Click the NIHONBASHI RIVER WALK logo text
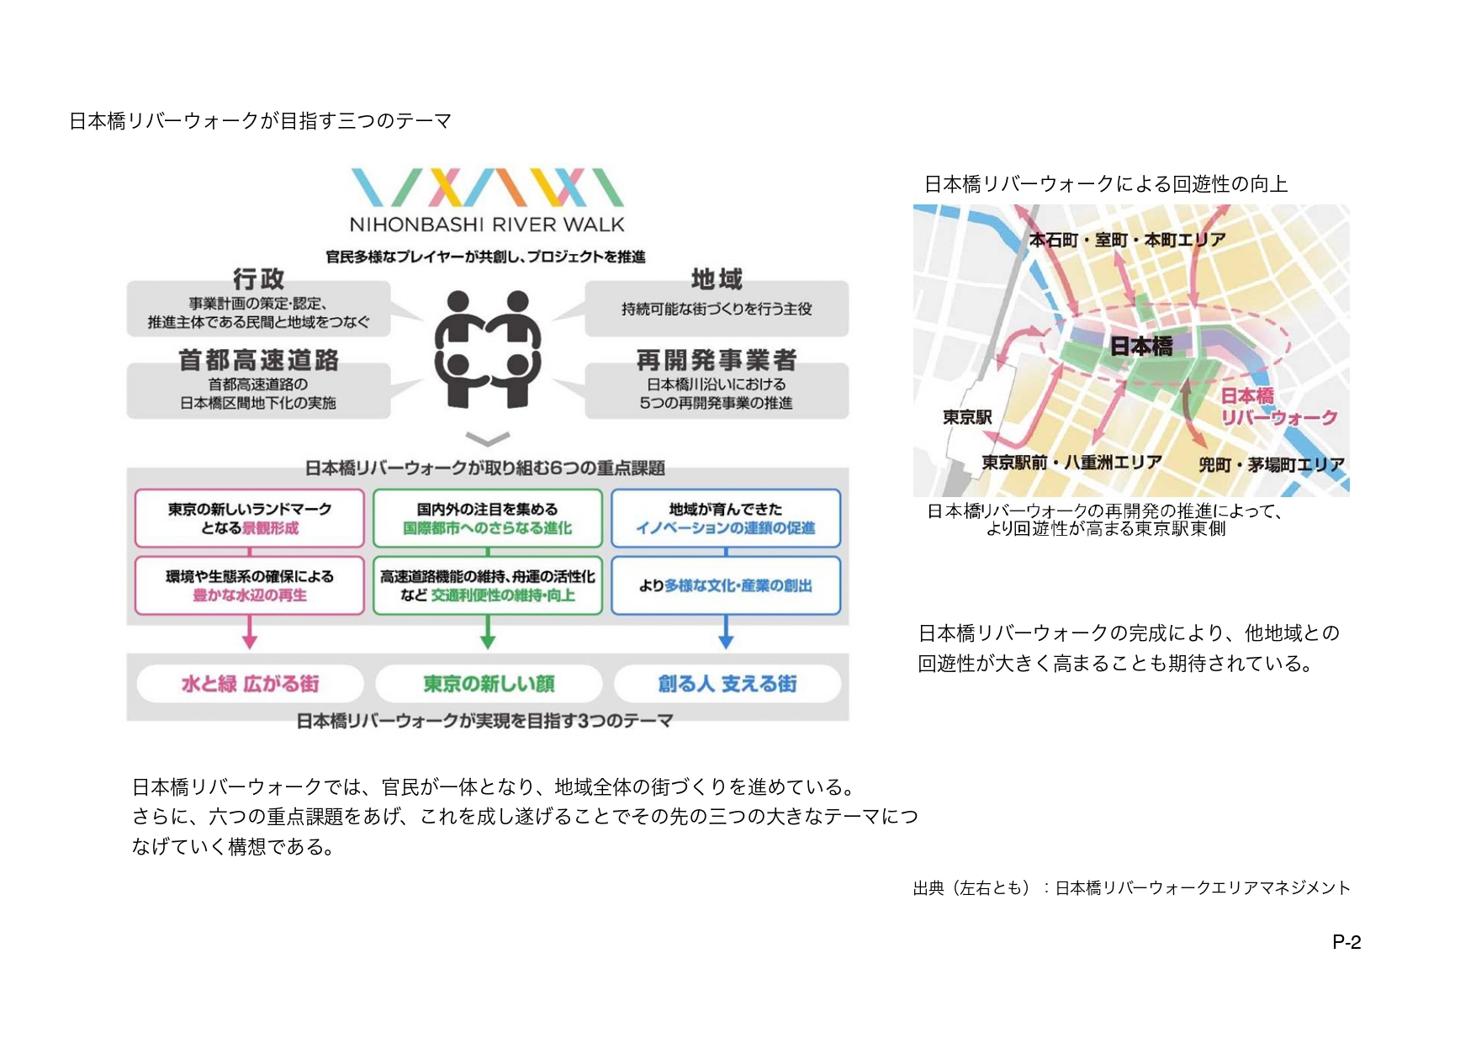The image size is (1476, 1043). (486, 225)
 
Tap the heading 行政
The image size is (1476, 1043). (258, 278)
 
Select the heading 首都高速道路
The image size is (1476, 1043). (258, 360)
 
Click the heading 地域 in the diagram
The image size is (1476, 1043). (717, 278)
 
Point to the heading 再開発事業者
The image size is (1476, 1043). (717, 360)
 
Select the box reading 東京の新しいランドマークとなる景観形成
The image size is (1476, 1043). (250, 518)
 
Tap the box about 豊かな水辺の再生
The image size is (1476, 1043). (250, 585)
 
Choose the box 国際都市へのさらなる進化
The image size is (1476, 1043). (488, 518)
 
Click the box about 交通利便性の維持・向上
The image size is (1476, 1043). (488, 585)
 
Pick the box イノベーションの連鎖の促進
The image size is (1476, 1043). (726, 518)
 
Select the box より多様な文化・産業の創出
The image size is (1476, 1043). (726, 585)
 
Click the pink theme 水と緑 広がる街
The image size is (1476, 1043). (250, 684)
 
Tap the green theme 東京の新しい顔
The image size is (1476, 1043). (489, 684)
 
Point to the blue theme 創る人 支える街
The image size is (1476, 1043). (727, 684)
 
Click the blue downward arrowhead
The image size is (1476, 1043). (726, 642)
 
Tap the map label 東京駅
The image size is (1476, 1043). (967, 417)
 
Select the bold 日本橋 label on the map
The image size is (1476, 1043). (1141, 346)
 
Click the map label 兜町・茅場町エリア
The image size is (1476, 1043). (1271, 464)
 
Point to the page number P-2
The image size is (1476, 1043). (1346, 942)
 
